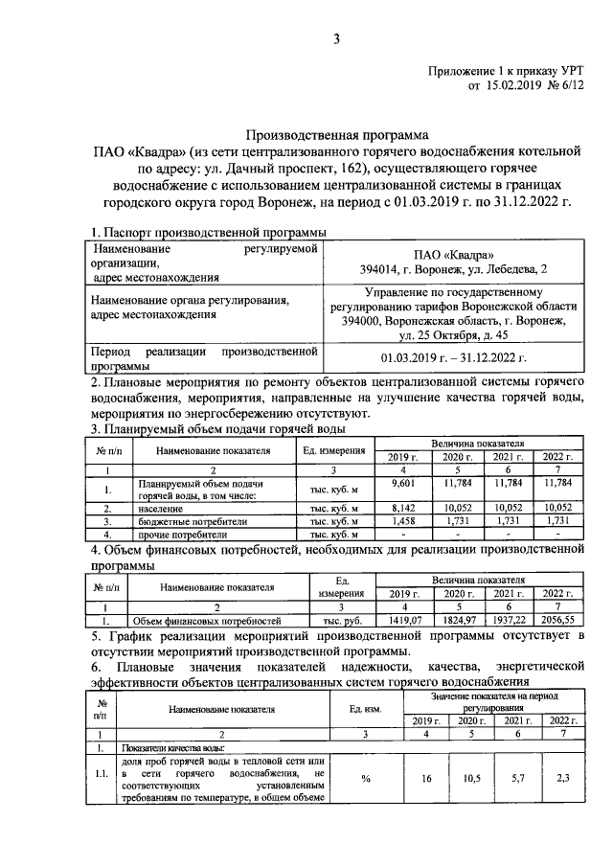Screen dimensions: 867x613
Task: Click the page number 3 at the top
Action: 336,38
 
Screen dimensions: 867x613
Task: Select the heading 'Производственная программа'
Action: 336,136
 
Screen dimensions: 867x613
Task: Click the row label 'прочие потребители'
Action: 183,534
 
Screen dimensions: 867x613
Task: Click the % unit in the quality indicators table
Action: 365,779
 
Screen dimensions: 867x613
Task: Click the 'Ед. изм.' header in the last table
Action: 365,709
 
